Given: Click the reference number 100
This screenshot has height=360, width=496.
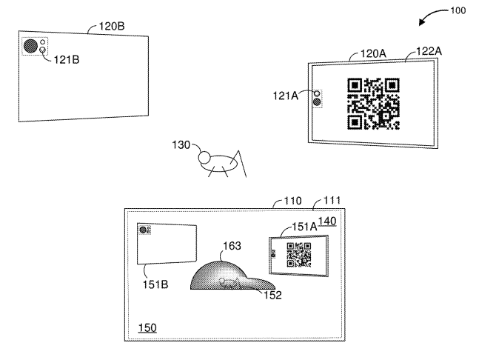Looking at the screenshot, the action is point(458,10).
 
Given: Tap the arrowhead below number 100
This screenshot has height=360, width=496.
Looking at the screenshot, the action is point(422,21).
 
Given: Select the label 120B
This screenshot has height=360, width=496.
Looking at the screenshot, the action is point(112,26).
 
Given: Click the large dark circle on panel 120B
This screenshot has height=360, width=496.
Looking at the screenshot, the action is point(30,46).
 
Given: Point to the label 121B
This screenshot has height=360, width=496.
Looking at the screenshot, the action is point(67,59).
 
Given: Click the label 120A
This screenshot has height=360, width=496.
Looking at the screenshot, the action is point(373,53).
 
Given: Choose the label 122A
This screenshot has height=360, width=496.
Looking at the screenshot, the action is point(429,51).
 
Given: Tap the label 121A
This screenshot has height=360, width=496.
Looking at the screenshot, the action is point(285,96).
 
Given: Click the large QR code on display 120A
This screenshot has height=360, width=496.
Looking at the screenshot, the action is point(373,104).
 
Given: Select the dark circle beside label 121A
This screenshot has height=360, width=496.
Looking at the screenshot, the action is point(317,102).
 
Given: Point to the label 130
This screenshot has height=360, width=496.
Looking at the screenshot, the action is point(181,145).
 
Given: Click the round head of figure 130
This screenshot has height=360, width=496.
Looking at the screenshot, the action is point(204,157).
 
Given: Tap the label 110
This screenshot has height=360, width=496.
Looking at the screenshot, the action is point(292,201).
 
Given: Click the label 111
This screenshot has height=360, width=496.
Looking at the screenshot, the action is point(332,201).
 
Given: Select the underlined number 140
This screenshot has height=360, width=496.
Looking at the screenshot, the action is point(327,221).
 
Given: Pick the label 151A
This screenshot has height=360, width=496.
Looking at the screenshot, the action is point(304,227).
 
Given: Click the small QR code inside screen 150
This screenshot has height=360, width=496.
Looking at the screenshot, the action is point(299,255).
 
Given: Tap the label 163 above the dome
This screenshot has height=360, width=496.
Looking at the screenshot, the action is point(232,246).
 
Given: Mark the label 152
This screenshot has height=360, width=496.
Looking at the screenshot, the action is point(272,295).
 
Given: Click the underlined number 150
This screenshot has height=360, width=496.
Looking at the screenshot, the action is point(147,328).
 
